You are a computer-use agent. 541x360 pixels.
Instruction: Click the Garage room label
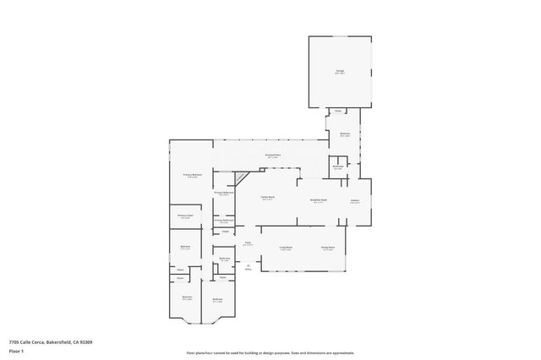tap(339, 72)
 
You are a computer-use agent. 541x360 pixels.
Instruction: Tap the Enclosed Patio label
tap(272, 155)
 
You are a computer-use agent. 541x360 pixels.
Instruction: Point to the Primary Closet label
tap(185, 216)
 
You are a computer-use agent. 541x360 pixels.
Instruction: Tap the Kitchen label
tap(355, 201)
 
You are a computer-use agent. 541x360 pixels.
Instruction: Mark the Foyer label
tap(249, 243)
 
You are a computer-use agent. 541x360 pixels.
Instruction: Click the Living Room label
tap(286, 248)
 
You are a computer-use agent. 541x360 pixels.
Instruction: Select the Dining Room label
tap(327, 248)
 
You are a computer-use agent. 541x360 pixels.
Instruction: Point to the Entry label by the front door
tap(249, 269)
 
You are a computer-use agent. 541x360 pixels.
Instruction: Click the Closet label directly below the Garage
tap(337, 112)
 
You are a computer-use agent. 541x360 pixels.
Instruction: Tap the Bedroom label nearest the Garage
tap(345, 134)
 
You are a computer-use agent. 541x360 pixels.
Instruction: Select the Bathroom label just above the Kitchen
tap(338, 166)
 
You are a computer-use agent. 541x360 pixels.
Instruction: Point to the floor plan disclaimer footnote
tap(270, 353)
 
